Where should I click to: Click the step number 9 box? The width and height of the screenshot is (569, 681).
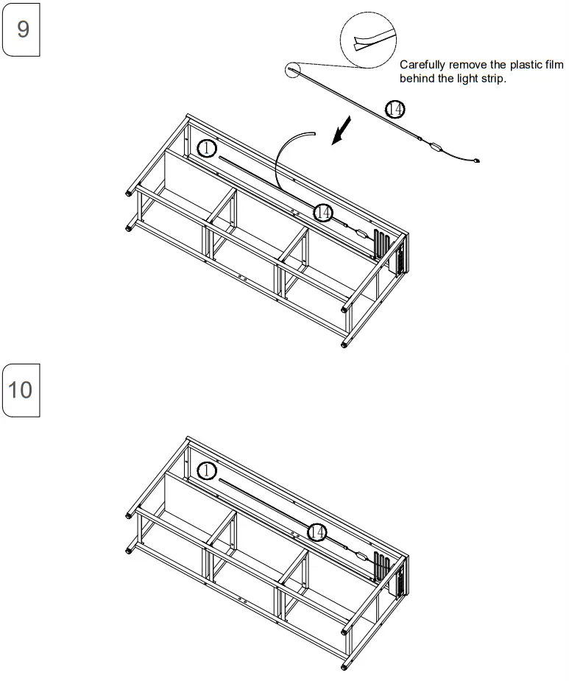21,31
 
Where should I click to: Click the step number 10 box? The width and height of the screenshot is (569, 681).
21,389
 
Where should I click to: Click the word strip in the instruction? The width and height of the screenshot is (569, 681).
492,78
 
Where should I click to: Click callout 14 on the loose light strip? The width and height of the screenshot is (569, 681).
395,110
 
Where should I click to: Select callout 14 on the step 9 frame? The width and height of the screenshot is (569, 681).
322,212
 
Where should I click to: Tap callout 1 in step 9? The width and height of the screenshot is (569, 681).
207,149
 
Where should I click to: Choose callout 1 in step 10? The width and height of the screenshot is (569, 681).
207,470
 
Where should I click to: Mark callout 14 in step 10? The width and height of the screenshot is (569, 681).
317,532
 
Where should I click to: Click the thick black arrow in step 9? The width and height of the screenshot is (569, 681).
342,133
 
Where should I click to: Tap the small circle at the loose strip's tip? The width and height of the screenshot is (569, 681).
293,69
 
